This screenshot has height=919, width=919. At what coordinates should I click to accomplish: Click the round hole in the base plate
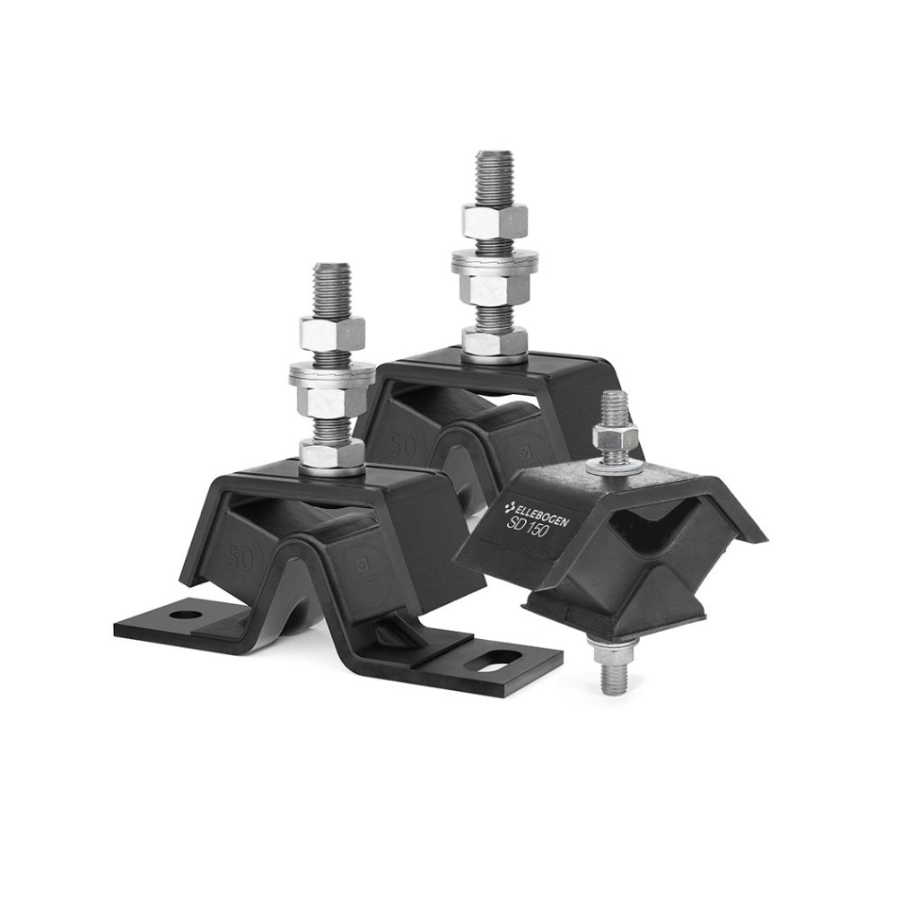[x=185, y=616]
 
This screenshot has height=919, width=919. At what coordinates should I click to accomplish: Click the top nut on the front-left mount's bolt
[x=332, y=333]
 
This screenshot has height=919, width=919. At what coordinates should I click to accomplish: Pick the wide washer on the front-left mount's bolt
[x=331, y=373]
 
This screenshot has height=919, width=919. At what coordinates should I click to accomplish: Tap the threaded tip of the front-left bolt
[x=331, y=285]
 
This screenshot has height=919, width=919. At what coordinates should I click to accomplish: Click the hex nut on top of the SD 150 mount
[x=616, y=442]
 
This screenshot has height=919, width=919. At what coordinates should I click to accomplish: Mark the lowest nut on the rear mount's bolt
[x=495, y=343]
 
